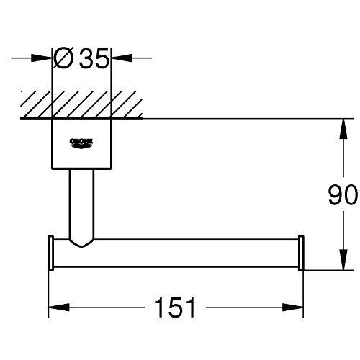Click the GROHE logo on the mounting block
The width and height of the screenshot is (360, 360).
81,143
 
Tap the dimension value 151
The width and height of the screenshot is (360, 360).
175,307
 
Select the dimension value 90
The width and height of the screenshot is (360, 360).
343,194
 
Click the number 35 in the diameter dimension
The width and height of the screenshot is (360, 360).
94,58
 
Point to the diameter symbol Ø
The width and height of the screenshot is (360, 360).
63,58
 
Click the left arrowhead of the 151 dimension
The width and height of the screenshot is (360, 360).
59,307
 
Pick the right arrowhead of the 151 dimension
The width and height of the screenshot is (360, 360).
293,307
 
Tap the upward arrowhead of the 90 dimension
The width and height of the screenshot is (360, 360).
343,129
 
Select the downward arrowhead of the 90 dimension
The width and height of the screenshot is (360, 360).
343,260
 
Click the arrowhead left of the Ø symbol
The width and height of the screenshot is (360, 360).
42,58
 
